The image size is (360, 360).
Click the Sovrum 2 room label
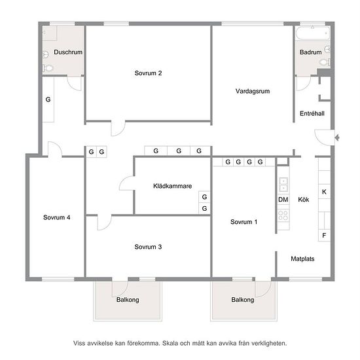tap(148, 73)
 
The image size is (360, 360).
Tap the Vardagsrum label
tap(253, 91)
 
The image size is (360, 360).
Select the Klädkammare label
tap(172, 186)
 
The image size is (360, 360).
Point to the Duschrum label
tap(68, 52)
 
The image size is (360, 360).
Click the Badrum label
tap(311, 52)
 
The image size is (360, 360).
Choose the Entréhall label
tap(312, 113)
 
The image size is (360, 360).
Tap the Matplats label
tap(302, 259)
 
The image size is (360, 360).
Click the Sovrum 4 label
tap(57, 217)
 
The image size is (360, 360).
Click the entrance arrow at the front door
tap(337, 138)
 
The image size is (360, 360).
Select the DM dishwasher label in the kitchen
tap(283, 200)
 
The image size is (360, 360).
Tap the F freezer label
tap(324, 236)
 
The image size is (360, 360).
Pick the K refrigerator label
tap(324, 192)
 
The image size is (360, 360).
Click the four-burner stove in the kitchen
tap(283, 215)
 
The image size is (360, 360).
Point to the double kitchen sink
tap(283, 185)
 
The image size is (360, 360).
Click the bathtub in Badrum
tap(313, 33)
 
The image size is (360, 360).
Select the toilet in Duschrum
tap(48, 68)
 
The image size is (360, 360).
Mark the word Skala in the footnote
tap(170, 343)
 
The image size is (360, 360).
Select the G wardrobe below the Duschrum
tap(48, 99)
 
